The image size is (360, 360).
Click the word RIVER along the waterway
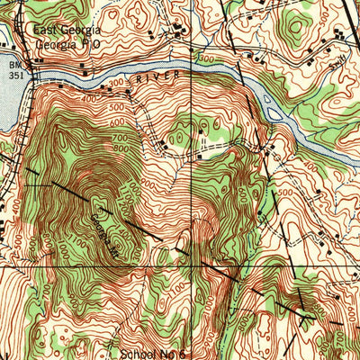coord(153,78)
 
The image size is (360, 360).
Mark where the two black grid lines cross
coord(191,266)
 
